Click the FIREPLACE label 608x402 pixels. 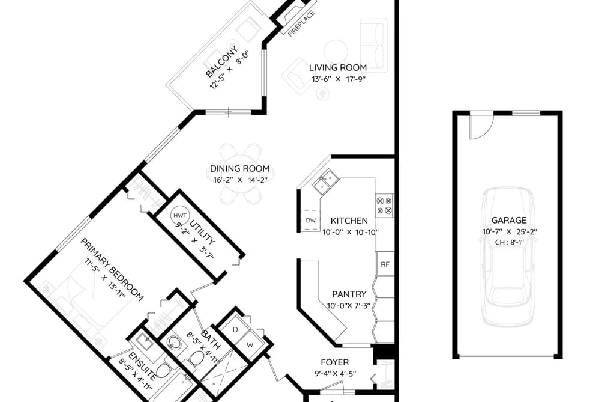(301, 24)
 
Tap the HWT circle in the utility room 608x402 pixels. (180, 215)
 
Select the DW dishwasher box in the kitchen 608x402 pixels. (310, 220)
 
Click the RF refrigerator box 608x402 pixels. (385, 264)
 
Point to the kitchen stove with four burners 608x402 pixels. (384, 206)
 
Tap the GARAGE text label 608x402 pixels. (509, 220)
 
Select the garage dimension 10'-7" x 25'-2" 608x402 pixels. (510, 232)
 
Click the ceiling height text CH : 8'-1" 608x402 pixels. (510, 243)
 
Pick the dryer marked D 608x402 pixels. (235, 330)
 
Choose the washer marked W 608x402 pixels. (250, 344)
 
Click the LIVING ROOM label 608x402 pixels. (338, 67)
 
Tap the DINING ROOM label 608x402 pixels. (239, 169)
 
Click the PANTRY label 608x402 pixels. (349, 294)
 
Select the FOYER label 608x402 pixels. (335, 362)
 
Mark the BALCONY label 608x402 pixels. (221, 62)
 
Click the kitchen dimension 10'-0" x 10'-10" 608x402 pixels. (350, 232)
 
